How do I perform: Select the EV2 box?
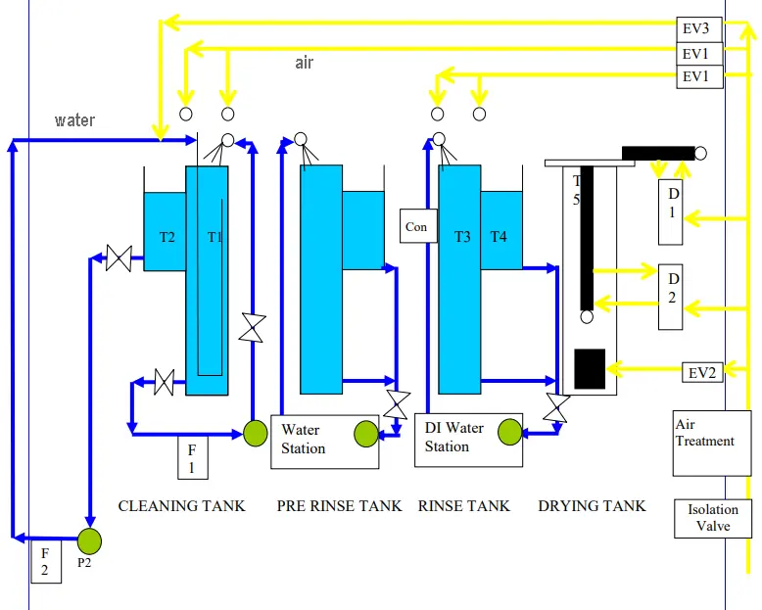point(701,372)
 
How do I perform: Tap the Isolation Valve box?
point(713,518)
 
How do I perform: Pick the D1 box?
point(671,211)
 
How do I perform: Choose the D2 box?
point(671,297)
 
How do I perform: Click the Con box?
point(416,227)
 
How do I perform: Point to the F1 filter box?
point(192,458)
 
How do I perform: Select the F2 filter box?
point(45,561)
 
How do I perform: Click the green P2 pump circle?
point(89,540)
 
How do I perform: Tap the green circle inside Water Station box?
point(365,433)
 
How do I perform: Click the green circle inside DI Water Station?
point(509,432)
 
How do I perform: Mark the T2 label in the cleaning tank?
point(167,236)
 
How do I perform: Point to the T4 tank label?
point(500,236)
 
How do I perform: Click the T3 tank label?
point(462,236)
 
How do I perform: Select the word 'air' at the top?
point(305,63)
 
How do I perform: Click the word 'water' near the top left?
point(75,120)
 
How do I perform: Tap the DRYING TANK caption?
point(592,506)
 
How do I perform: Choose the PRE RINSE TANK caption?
point(339,506)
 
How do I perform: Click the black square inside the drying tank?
point(590,368)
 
